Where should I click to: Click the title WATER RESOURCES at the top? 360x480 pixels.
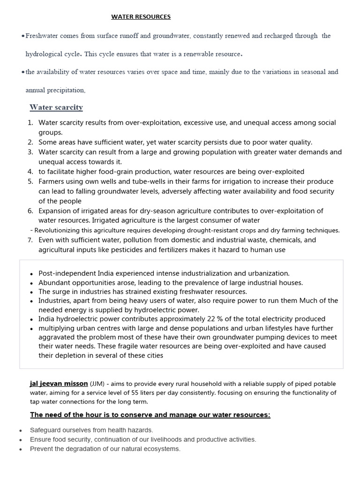[141, 17]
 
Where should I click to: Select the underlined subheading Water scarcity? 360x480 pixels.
[56, 107]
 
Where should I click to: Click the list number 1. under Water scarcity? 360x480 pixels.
[30, 123]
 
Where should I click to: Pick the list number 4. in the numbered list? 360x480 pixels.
[30, 172]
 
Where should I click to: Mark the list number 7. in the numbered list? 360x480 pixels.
[30, 240]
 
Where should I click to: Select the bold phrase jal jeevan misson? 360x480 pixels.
[59, 383]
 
